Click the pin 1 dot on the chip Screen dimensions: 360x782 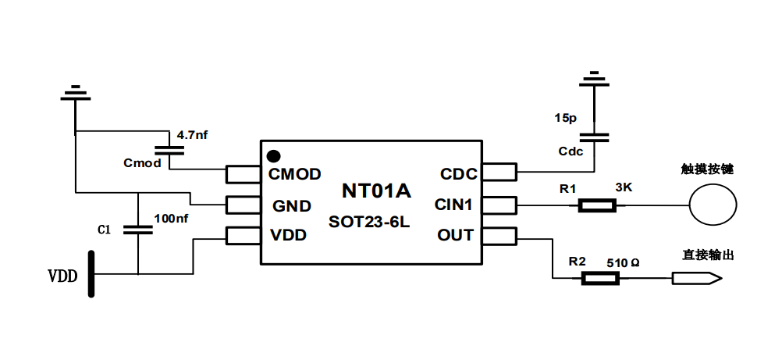click(273, 155)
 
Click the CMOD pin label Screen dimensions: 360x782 click(295, 174)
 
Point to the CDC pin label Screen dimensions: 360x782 click(458, 174)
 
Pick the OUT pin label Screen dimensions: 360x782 click(455, 235)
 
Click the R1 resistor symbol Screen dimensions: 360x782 click(597, 206)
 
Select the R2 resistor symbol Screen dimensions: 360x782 click(600, 277)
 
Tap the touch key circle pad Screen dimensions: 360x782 click(713, 205)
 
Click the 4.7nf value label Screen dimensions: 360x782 click(193, 135)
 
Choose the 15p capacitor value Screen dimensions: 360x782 click(566, 119)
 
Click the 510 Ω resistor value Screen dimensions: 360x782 click(623, 263)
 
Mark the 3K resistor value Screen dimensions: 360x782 click(624, 188)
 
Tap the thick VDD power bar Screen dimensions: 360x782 click(92, 274)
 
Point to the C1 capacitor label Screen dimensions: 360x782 click(104, 230)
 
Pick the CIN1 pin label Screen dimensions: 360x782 click(454, 205)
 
